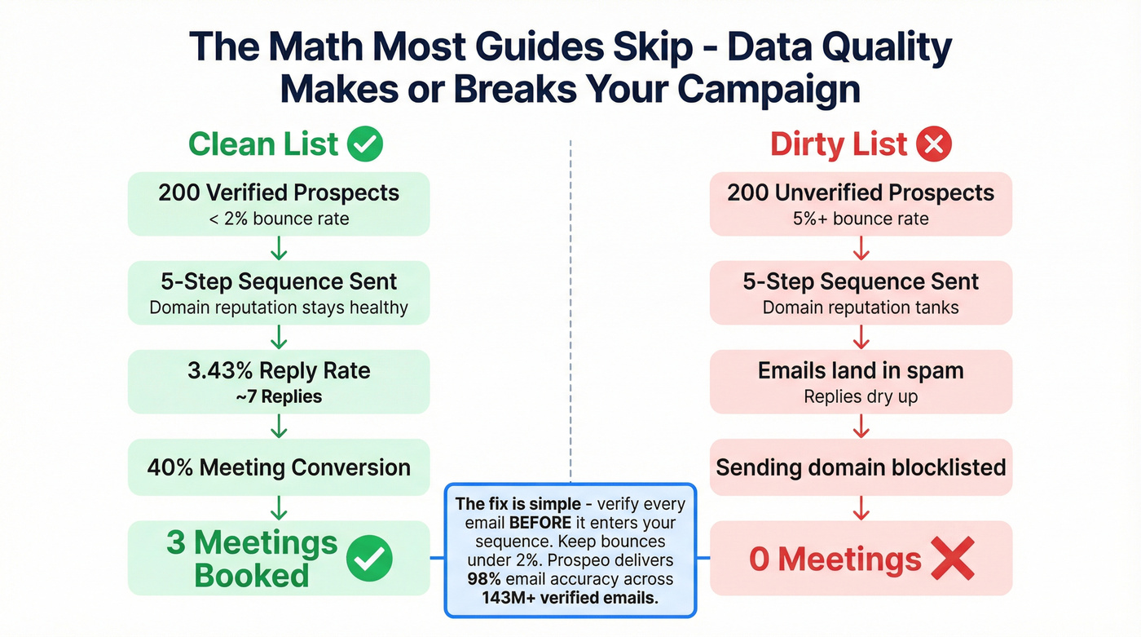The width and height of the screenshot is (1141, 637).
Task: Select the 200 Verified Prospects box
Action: point(279,204)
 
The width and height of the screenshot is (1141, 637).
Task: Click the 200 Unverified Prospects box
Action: point(861,204)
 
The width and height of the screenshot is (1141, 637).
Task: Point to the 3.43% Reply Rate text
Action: point(279,371)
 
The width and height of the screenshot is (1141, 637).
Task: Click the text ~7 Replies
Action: point(279,397)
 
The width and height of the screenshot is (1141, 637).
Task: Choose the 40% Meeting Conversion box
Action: point(279,467)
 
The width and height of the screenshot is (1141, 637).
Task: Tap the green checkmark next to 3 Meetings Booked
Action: point(369,559)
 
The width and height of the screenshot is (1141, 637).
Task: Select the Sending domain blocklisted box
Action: point(861,467)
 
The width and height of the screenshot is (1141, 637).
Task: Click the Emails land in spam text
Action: point(861,371)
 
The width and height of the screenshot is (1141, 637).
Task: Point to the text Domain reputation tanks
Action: point(861,308)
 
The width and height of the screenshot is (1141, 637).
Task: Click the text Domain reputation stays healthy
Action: point(279,308)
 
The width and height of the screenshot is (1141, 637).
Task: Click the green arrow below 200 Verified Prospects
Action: point(279,247)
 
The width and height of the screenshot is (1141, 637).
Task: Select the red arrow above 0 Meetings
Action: point(861,508)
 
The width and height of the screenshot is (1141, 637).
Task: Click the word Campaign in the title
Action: point(769,88)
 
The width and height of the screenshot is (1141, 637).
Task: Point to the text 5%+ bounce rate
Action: point(861,219)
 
